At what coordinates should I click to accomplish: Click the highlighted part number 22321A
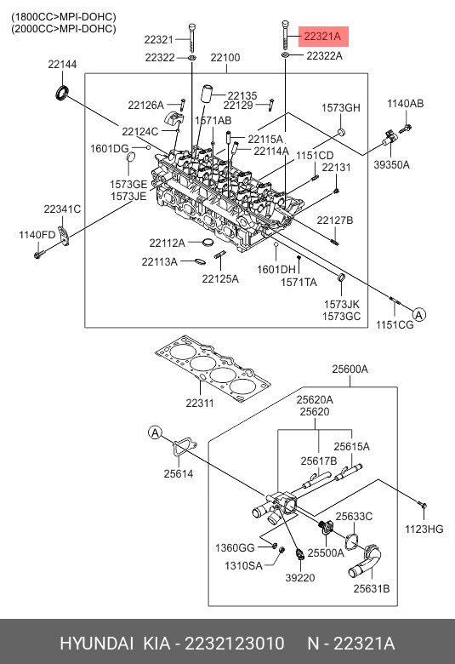322,37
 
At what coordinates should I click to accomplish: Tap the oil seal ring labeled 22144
63,92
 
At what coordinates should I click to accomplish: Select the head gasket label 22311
200,404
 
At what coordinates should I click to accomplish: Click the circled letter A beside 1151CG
418,315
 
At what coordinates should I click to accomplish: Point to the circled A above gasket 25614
156,432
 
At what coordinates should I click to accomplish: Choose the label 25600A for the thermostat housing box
350,369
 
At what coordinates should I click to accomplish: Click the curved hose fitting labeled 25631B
364,561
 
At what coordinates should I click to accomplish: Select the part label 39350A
391,165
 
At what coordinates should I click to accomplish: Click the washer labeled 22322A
285,55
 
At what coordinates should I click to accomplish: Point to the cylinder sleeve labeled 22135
207,93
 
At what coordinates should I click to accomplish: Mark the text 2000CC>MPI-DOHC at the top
64,29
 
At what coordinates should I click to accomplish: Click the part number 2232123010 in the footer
235,644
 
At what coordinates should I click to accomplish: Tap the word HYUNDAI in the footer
96,644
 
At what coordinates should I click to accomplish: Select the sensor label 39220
300,578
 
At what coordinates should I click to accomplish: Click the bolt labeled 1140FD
38,255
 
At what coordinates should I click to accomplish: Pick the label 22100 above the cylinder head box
225,57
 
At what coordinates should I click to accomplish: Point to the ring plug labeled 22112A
208,243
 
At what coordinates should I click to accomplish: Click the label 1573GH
341,108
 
